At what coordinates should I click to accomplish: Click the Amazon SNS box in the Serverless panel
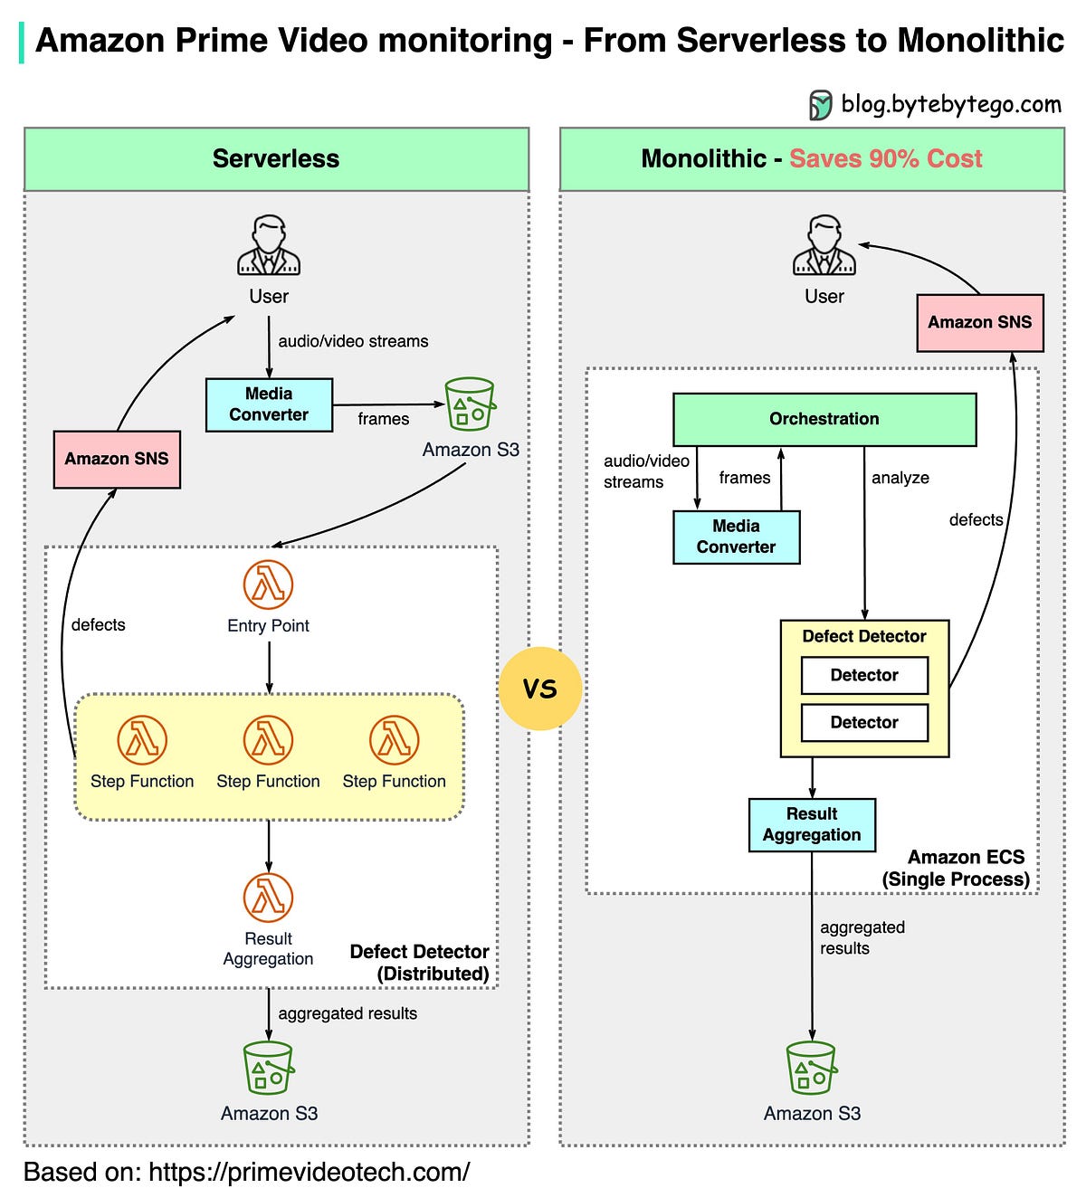(x=117, y=459)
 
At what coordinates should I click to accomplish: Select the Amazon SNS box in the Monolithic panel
(x=979, y=322)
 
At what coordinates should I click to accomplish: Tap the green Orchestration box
(x=824, y=419)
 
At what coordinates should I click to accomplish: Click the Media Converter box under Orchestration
(x=736, y=537)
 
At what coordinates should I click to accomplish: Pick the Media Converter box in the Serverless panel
(x=269, y=404)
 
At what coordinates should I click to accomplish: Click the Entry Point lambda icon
(x=268, y=584)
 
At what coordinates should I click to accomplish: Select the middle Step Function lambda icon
(x=268, y=739)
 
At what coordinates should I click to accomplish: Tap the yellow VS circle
(x=539, y=689)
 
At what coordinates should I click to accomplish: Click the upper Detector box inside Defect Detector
(x=864, y=675)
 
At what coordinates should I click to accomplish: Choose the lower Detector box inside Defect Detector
(x=864, y=722)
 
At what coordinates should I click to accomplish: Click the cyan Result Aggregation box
(x=812, y=824)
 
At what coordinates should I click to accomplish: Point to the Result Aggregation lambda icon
(x=268, y=897)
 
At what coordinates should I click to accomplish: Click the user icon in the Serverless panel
(x=268, y=245)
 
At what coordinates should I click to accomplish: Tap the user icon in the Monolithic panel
(x=824, y=245)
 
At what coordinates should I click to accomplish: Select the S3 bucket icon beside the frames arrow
(x=470, y=404)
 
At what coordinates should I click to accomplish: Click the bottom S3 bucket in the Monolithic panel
(x=811, y=1069)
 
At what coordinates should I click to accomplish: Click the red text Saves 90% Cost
(x=885, y=159)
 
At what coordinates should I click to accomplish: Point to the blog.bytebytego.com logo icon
(x=820, y=105)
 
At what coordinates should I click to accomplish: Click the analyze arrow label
(x=900, y=478)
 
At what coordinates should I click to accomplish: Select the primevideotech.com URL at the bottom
(x=309, y=1172)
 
